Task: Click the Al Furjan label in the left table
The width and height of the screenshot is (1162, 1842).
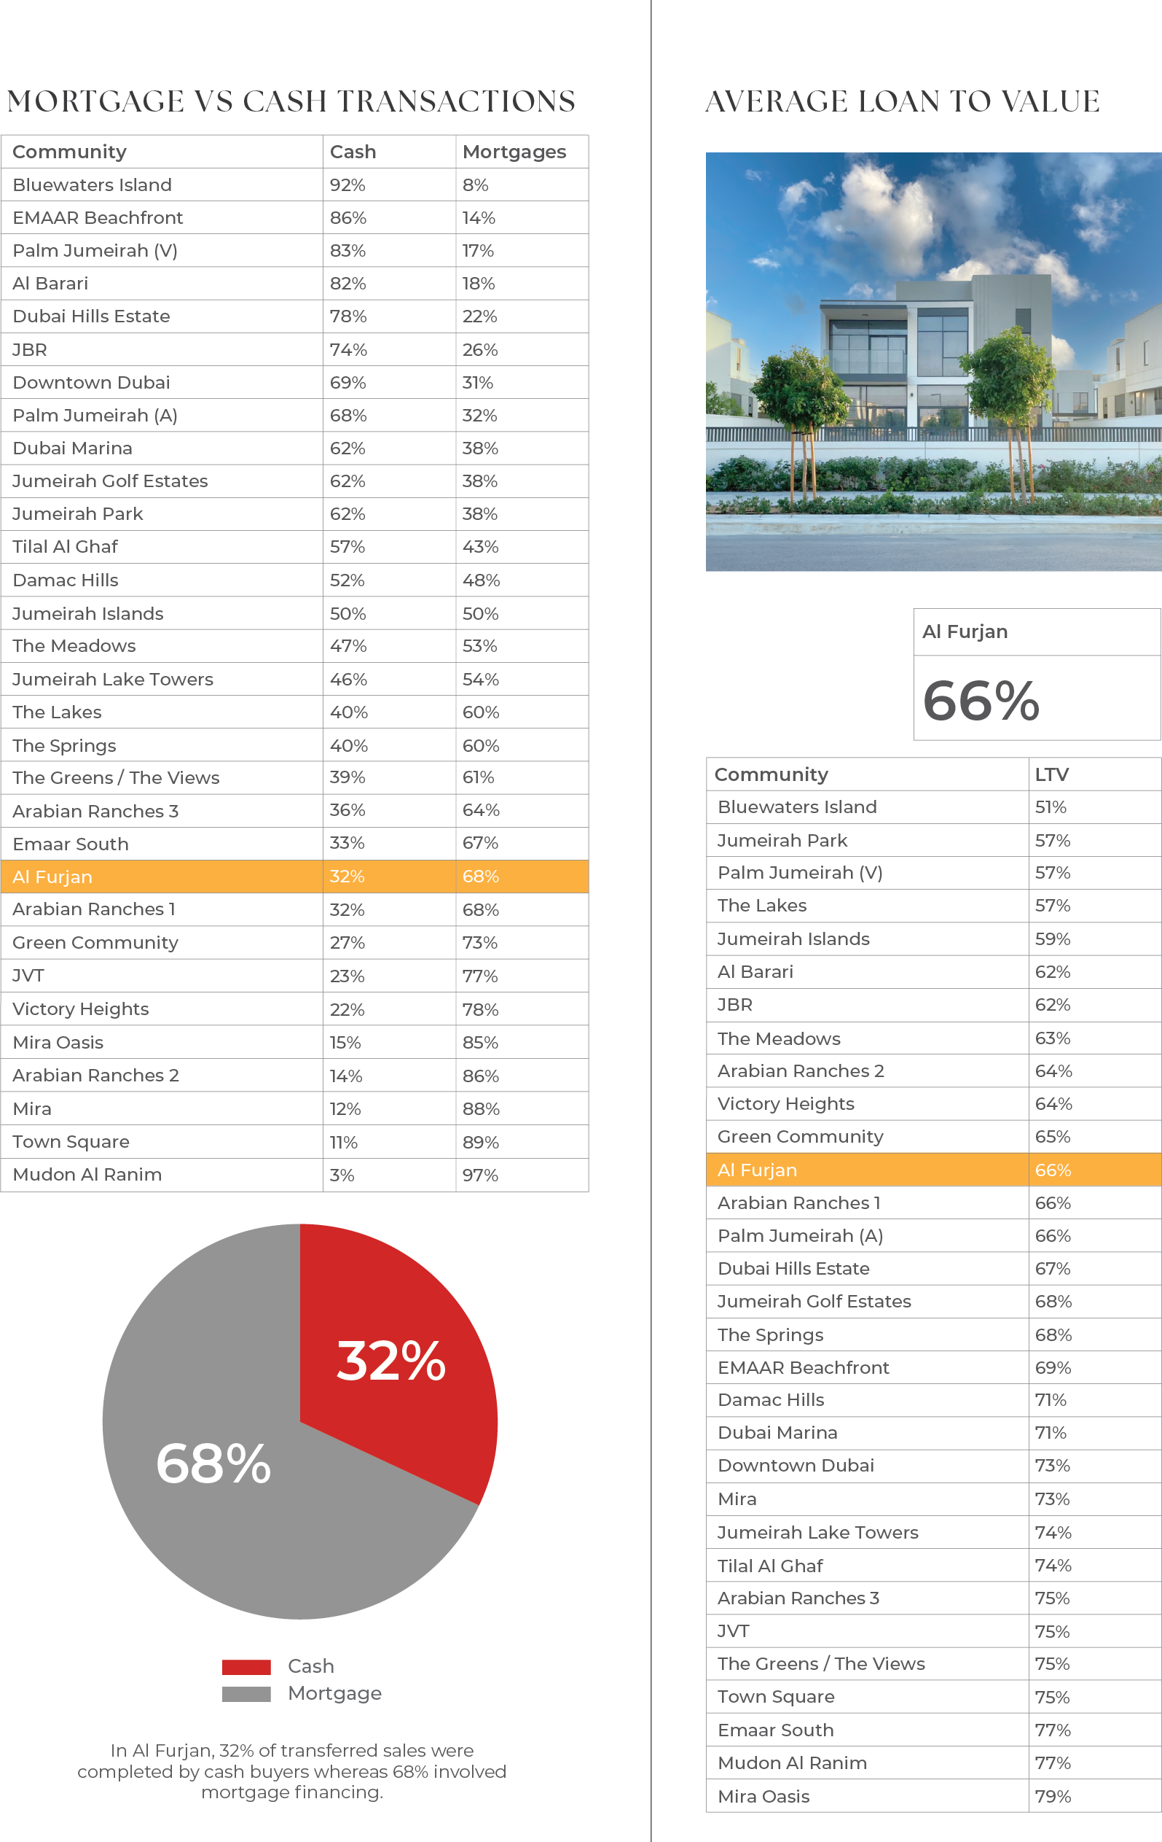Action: tap(52, 877)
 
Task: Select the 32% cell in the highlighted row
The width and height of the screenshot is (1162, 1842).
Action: tap(347, 877)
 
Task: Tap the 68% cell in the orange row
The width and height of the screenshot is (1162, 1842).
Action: tap(481, 877)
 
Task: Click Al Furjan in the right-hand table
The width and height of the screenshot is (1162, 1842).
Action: tap(757, 1170)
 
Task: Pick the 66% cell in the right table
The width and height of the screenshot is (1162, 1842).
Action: tap(1053, 1170)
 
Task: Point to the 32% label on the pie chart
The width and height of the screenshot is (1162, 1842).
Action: tap(390, 1361)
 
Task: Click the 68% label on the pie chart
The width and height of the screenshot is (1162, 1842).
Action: tap(213, 1464)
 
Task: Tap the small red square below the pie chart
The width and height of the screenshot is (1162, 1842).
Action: tap(255, 1672)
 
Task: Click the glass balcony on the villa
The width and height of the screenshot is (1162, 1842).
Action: tap(868, 360)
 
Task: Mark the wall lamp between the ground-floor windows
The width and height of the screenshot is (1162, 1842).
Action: tap(911, 395)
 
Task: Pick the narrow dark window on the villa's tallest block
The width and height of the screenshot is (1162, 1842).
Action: tap(1023, 322)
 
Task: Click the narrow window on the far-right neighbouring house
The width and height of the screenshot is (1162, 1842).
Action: tap(1145, 353)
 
